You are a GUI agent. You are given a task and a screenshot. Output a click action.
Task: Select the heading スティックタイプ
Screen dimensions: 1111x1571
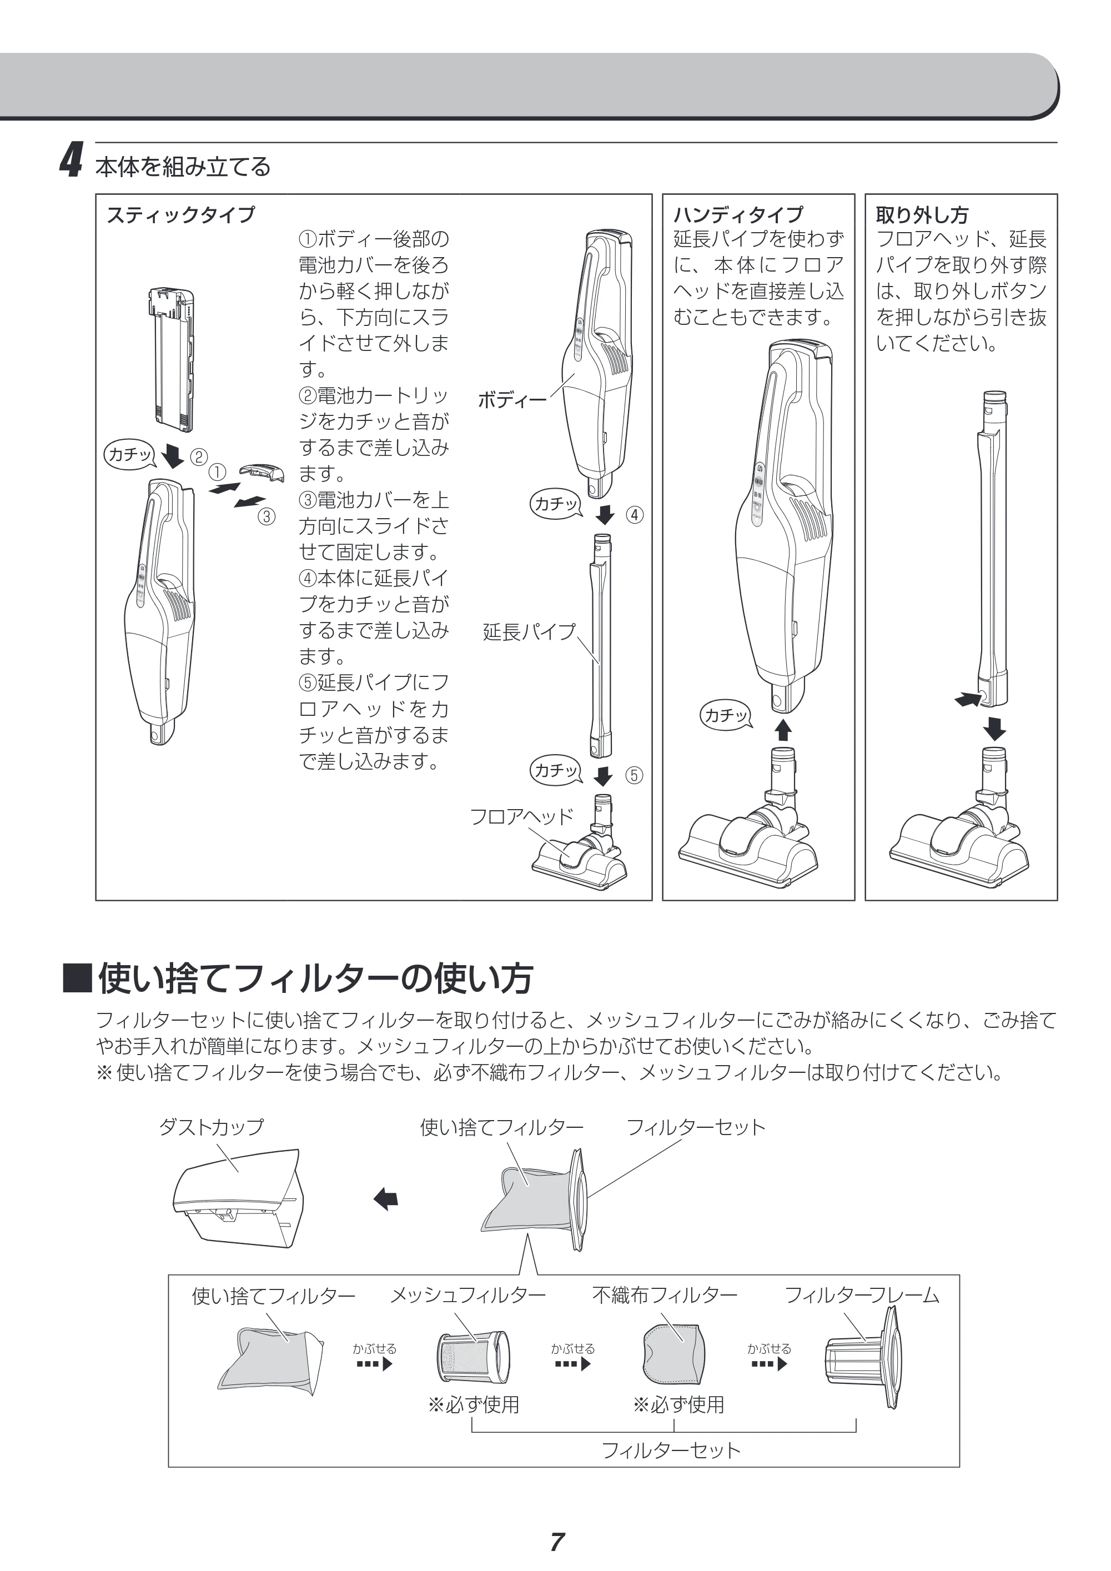[x=180, y=215]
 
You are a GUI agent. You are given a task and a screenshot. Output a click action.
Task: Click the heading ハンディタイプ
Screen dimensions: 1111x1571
[x=738, y=215]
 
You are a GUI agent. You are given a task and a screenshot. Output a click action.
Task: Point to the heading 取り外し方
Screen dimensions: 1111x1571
[x=922, y=215]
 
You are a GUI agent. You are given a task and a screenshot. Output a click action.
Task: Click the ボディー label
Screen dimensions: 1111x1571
[x=512, y=400]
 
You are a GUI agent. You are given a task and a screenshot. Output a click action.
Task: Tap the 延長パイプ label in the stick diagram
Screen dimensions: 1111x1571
[x=529, y=631]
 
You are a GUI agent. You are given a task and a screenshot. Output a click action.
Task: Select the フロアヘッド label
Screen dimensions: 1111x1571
[x=521, y=816]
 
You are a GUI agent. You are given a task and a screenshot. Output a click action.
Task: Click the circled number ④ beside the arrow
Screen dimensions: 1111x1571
[x=635, y=515]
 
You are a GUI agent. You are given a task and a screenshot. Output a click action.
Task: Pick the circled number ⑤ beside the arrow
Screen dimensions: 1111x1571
[x=635, y=775]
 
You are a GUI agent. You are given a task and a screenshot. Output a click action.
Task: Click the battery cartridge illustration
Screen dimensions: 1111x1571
[x=171, y=359]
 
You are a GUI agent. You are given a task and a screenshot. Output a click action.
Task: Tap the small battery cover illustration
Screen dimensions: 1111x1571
[x=262, y=472]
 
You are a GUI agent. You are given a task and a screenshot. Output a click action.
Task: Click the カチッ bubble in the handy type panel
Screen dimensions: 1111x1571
[x=726, y=715]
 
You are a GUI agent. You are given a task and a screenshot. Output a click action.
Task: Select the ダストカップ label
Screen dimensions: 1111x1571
[x=211, y=1127]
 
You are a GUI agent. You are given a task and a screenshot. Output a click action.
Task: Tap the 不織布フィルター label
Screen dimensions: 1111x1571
[x=664, y=1294]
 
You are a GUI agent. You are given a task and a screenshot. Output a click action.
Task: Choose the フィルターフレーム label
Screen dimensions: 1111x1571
[x=861, y=1294]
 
